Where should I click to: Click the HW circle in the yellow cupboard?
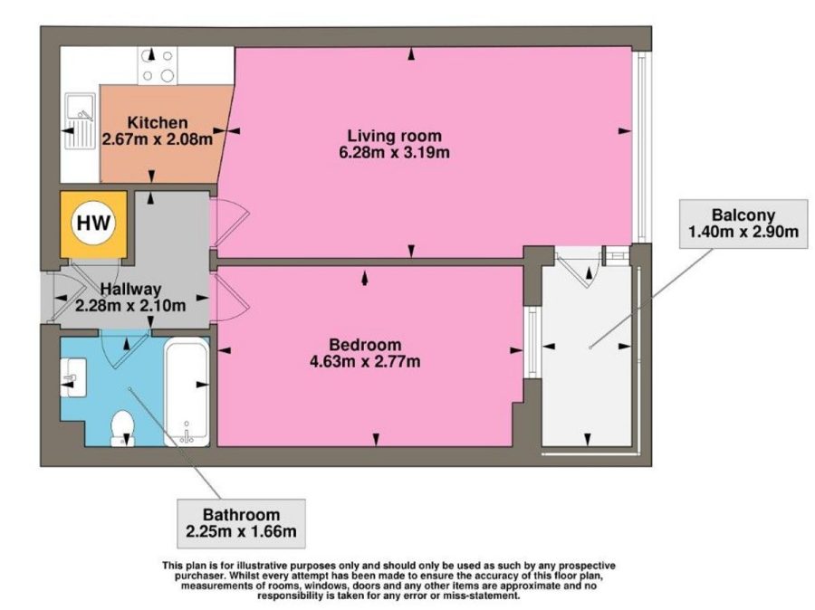click(x=94, y=224)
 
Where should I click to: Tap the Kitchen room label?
click(x=158, y=122)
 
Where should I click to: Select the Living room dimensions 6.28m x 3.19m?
click(x=394, y=152)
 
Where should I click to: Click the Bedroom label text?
click(x=365, y=345)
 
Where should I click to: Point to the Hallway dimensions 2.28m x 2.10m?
click(x=130, y=305)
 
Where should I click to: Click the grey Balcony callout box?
click(x=743, y=224)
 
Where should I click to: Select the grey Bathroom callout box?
click(x=241, y=524)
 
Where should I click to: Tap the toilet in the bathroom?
click(x=123, y=428)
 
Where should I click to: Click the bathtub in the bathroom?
click(x=187, y=392)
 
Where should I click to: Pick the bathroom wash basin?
click(x=73, y=377)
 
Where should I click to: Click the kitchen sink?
click(x=80, y=121)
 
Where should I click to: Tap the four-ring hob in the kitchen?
click(x=157, y=65)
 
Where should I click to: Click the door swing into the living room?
click(x=229, y=222)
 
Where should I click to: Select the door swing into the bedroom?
click(x=230, y=298)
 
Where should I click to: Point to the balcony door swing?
click(x=579, y=268)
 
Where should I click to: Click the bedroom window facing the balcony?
click(x=532, y=342)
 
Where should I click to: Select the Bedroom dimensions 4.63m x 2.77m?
click(x=365, y=361)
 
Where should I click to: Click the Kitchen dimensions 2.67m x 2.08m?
click(x=158, y=139)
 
